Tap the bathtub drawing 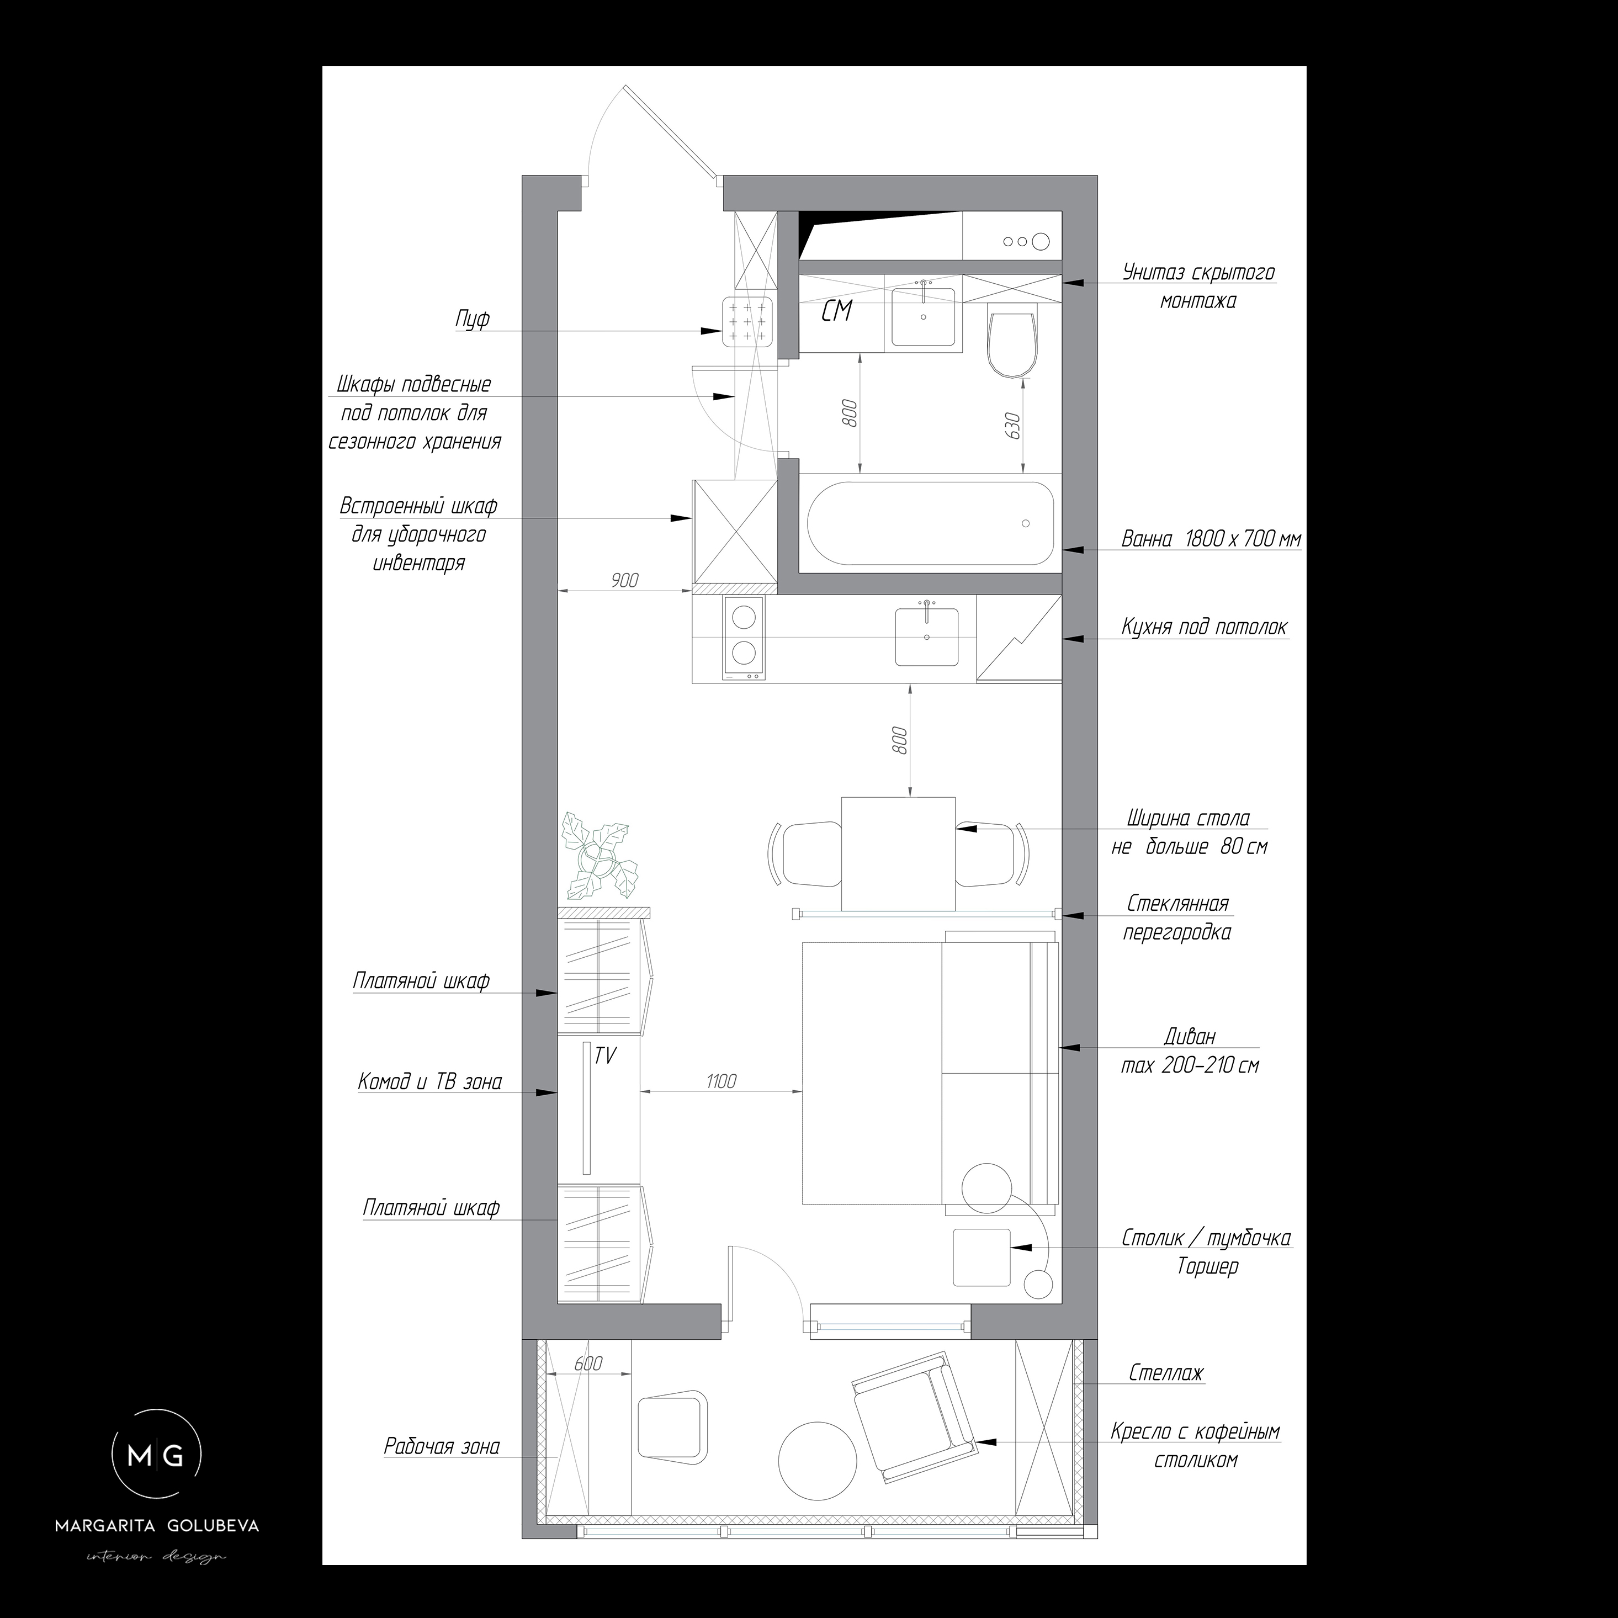coord(930,523)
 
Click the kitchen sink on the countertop coord(927,636)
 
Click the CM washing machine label coord(836,311)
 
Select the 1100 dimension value coord(720,1081)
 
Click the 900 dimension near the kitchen coord(625,580)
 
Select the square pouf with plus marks coord(746,322)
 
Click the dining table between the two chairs coord(898,854)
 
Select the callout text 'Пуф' coord(473,319)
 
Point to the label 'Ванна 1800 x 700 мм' coord(1211,540)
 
